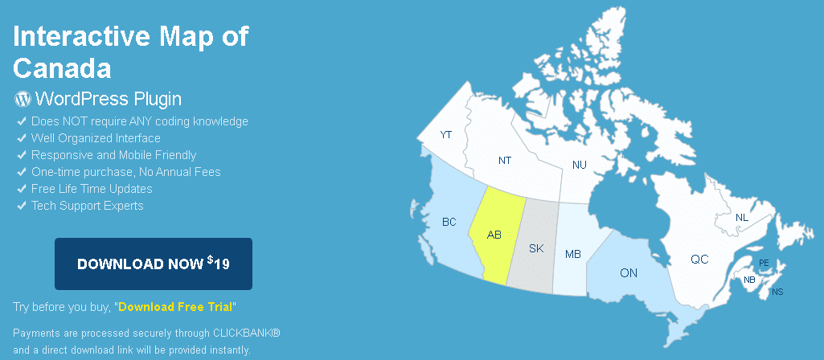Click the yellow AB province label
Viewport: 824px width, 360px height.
[x=494, y=235]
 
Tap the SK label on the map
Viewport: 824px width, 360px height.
[x=536, y=248]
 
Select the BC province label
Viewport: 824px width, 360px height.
[x=449, y=222]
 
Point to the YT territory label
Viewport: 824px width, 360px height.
[x=446, y=134]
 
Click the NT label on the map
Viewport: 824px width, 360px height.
[x=505, y=160]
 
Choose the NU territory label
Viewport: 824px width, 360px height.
[x=579, y=165]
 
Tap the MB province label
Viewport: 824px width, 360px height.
[x=573, y=255]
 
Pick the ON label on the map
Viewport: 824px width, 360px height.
[x=629, y=272]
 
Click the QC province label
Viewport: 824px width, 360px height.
[x=699, y=259]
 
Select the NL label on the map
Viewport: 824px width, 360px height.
[x=742, y=218]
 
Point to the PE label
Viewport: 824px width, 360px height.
[x=764, y=262]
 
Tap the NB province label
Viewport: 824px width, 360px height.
[x=749, y=280]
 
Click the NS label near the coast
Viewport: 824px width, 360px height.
[x=777, y=292]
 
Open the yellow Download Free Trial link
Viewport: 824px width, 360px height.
[x=175, y=307]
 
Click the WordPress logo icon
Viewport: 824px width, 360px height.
[x=23, y=99]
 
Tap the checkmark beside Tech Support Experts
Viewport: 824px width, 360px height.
[x=22, y=206]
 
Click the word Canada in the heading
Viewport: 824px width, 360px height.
[x=62, y=67]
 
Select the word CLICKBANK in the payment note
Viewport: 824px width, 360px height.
[x=247, y=333]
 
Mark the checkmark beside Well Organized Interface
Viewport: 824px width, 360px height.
[x=22, y=138]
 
